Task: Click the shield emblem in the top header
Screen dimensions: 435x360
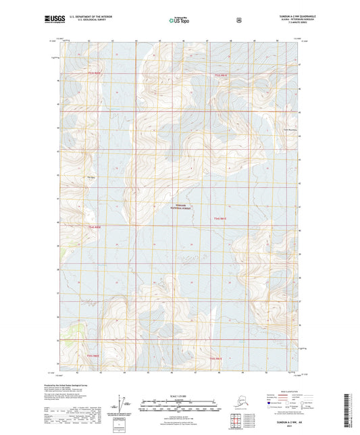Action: [x=238, y=21]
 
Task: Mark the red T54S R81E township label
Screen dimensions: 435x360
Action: [x=221, y=217]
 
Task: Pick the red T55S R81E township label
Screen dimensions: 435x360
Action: [x=215, y=358]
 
